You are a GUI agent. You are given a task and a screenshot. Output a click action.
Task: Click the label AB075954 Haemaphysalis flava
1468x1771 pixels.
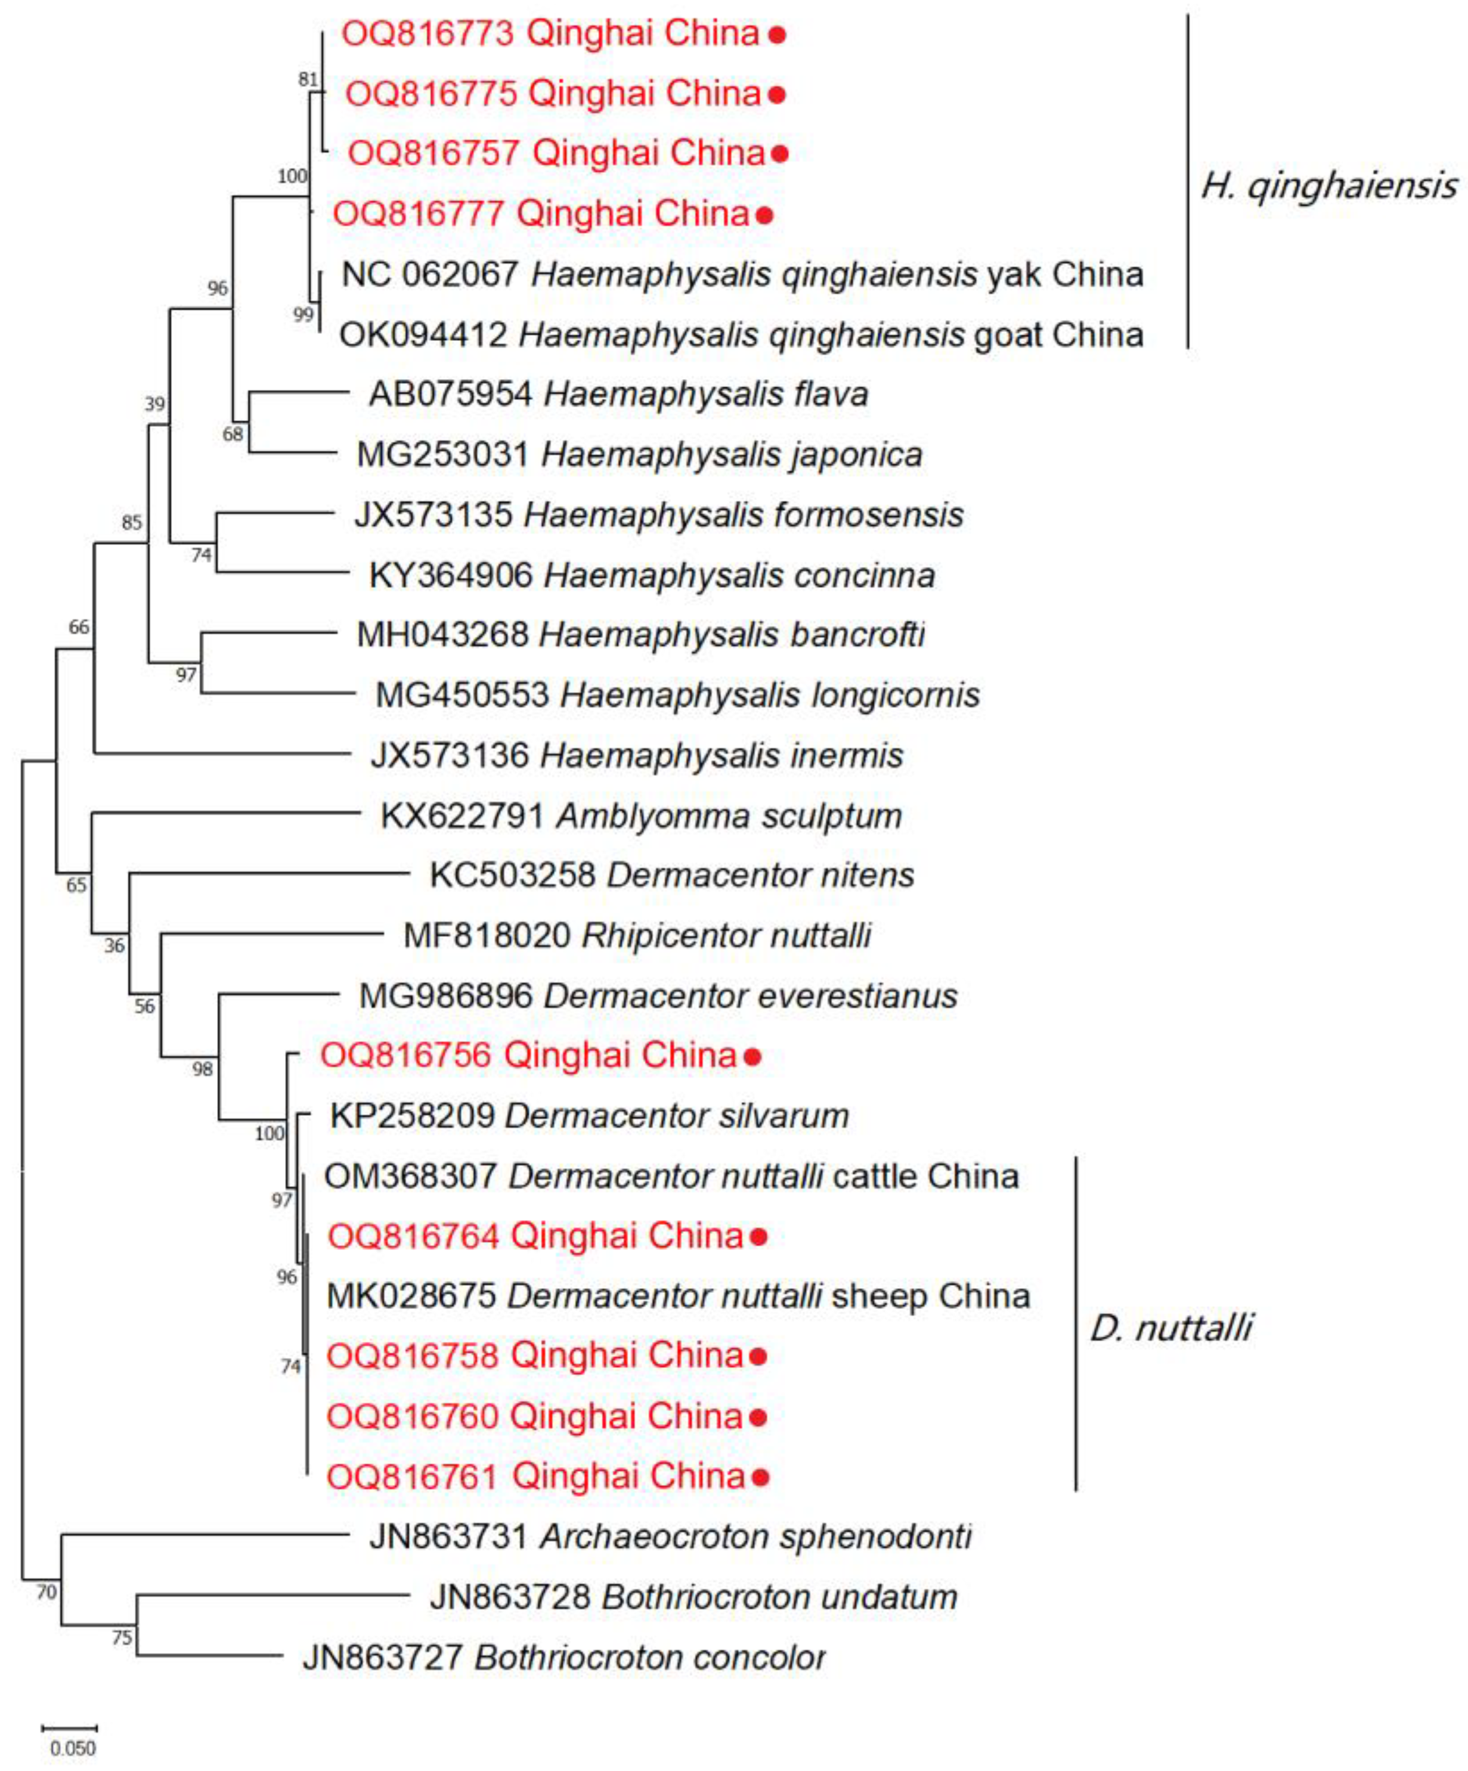pos(618,394)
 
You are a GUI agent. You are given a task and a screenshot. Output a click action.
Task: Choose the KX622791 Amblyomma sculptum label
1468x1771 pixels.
pos(641,815)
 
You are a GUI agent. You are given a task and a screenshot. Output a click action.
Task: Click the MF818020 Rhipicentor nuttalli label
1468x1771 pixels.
pos(637,935)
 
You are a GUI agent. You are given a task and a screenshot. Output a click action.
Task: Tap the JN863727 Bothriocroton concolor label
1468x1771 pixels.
pos(563,1657)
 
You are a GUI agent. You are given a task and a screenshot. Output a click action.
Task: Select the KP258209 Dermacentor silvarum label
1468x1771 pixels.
pos(589,1116)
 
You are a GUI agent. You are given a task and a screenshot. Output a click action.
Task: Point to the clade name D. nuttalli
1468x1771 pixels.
pos(1170,1328)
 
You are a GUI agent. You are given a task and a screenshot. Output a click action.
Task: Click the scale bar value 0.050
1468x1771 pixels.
pos(73,1747)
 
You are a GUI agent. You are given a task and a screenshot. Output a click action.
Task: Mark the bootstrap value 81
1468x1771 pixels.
pos(308,79)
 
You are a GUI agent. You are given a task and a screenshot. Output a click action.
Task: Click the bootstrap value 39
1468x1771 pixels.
pos(154,404)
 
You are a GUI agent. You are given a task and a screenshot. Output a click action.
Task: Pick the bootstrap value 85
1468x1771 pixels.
pos(132,523)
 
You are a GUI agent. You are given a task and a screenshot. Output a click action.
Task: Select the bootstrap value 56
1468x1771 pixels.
pos(144,1006)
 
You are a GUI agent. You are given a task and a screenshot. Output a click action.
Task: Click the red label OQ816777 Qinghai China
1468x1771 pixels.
pos(541,213)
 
